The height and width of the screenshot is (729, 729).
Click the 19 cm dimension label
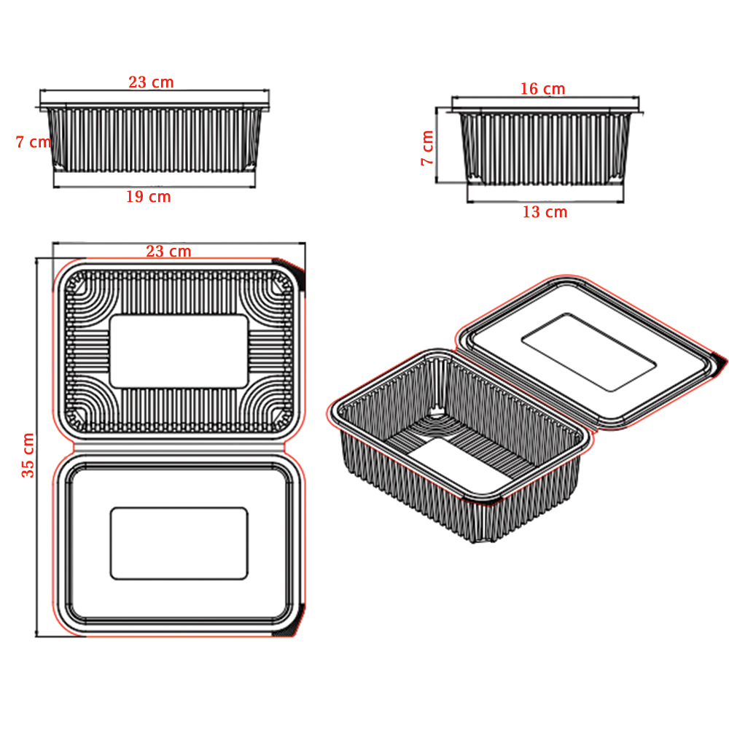tap(149, 197)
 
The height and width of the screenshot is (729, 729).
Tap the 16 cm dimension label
tap(542, 89)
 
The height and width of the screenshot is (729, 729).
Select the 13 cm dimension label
tap(545, 212)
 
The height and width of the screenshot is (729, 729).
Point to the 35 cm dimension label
tap(28, 455)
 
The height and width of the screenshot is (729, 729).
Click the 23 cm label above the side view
tap(151, 82)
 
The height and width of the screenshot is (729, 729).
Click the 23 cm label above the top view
tap(169, 252)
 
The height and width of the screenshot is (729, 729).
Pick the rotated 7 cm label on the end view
tap(427, 148)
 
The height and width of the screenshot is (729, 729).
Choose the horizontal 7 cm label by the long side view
tap(33, 142)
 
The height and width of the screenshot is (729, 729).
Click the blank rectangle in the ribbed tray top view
tap(179, 351)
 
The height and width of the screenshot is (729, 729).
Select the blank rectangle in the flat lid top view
tap(179, 544)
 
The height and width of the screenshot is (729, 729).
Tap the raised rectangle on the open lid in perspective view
tap(588, 352)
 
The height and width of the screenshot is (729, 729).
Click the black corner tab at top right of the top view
tap(291, 272)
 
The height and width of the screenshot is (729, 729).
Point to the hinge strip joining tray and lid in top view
tap(179, 447)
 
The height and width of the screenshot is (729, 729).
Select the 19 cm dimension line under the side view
tap(155, 187)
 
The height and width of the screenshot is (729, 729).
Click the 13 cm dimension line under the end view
tap(545, 202)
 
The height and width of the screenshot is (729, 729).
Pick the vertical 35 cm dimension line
tap(36, 448)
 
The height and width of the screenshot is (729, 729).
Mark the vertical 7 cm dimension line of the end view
tap(437, 145)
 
